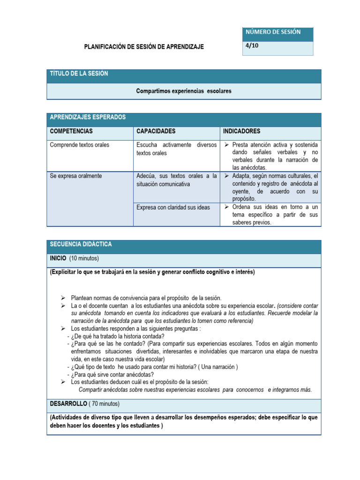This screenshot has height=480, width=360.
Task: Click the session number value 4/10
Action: (x=252, y=46)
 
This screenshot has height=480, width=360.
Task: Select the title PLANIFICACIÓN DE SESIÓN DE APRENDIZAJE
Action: (x=143, y=47)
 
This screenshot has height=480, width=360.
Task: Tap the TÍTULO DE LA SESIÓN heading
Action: (x=79, y=74)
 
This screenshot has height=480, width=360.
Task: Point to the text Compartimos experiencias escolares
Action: (x=184, y=91)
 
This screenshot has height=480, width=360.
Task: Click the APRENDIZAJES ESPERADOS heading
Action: (x=88, y=117)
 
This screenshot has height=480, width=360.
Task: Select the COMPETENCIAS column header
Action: (x=71, y=131)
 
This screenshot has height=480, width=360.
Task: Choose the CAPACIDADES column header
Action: (x=156, y=131)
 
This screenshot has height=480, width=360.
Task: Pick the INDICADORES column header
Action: (x=242, y=131)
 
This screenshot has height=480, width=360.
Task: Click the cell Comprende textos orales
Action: (x=79, y=145)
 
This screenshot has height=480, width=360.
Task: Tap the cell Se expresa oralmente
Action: (x=75, y=176)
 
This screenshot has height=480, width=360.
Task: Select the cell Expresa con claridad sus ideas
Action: (x=173, y=207)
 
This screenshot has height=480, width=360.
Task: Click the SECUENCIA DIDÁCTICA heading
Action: (x=81, y=245)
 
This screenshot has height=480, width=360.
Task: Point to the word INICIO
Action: (x=58, y=258)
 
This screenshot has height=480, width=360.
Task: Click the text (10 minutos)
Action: (x=84, y=258)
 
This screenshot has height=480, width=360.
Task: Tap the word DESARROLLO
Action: (x=68, y=404)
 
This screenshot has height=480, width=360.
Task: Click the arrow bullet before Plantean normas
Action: (x=63, y=298)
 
